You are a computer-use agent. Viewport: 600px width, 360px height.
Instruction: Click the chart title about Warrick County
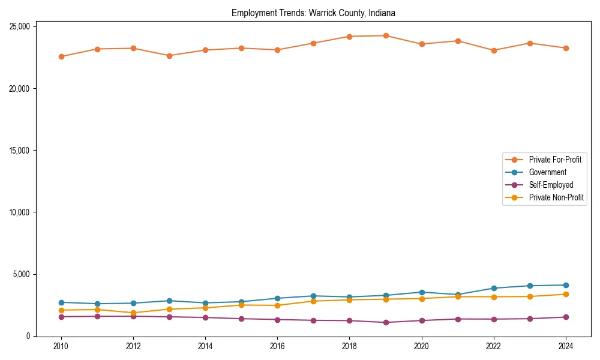click(313, 13)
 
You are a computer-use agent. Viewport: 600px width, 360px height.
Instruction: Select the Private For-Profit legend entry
click(555, 160)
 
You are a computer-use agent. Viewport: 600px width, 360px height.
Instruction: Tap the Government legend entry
click(547, 172)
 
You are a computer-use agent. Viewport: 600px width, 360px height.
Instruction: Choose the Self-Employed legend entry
click(551, 185)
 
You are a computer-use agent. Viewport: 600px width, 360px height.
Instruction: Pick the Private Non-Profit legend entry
click(556, 197)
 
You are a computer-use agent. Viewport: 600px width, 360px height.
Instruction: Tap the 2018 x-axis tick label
click(349, 346)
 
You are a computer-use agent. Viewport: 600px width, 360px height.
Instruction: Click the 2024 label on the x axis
click(566, 346)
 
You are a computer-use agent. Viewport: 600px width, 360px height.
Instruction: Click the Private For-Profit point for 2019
click(386, 35)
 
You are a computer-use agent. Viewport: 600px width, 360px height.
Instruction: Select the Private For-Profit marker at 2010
click(61, 56)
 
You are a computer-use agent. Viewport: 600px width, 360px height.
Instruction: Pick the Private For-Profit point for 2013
click(169, 56)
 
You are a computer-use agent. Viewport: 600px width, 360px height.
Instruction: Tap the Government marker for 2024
click(566, 285)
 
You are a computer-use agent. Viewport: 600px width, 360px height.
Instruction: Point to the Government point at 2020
click(422, 292)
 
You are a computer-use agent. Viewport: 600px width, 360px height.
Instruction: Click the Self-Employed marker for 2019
click(386, 322)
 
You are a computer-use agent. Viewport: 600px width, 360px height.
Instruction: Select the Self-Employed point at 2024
click(566, 317)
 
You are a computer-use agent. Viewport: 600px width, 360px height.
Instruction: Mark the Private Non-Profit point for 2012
click(133, 313)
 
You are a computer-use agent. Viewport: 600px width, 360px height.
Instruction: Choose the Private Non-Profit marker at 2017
click(313, 301)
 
